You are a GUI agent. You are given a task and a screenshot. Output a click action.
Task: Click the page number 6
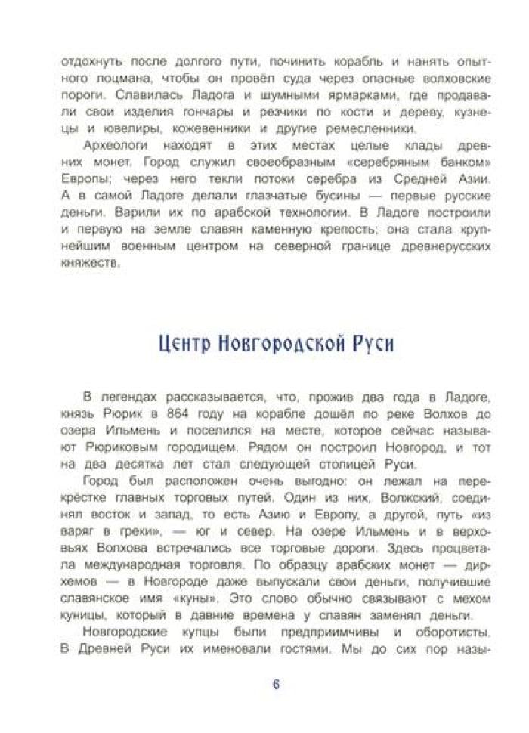pyautogui.click(x=276, y=685)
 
